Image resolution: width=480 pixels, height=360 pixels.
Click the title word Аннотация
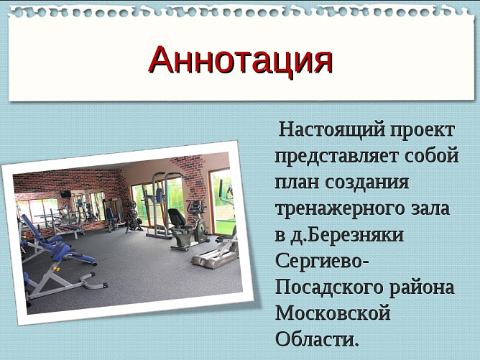coord(240,60)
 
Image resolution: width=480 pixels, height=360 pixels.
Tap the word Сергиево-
coord(322,260)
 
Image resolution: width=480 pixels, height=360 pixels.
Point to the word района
coord(425,287)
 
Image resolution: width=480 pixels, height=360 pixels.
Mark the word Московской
coord(332,313)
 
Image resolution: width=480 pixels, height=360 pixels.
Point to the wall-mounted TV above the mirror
coord(65,193)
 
